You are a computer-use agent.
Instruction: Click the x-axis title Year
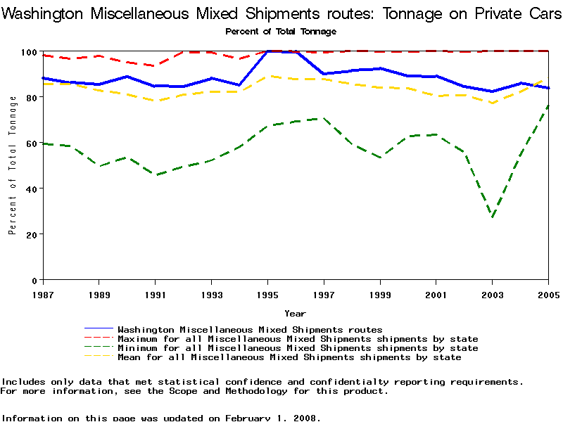(295, 313)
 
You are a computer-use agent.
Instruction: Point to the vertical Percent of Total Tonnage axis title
(13, 166)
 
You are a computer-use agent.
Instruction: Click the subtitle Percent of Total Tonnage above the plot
(281, 32)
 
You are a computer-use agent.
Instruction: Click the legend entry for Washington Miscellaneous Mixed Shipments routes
(250, 329)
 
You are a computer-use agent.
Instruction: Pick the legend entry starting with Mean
(289, 357)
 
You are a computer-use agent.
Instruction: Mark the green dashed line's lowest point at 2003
(493, 217)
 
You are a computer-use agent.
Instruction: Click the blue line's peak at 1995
(267, 51)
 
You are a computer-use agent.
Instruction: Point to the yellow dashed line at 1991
(156, 101)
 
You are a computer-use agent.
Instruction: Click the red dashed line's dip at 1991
(156, 65)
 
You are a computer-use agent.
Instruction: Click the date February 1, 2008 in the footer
(272, 418)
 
